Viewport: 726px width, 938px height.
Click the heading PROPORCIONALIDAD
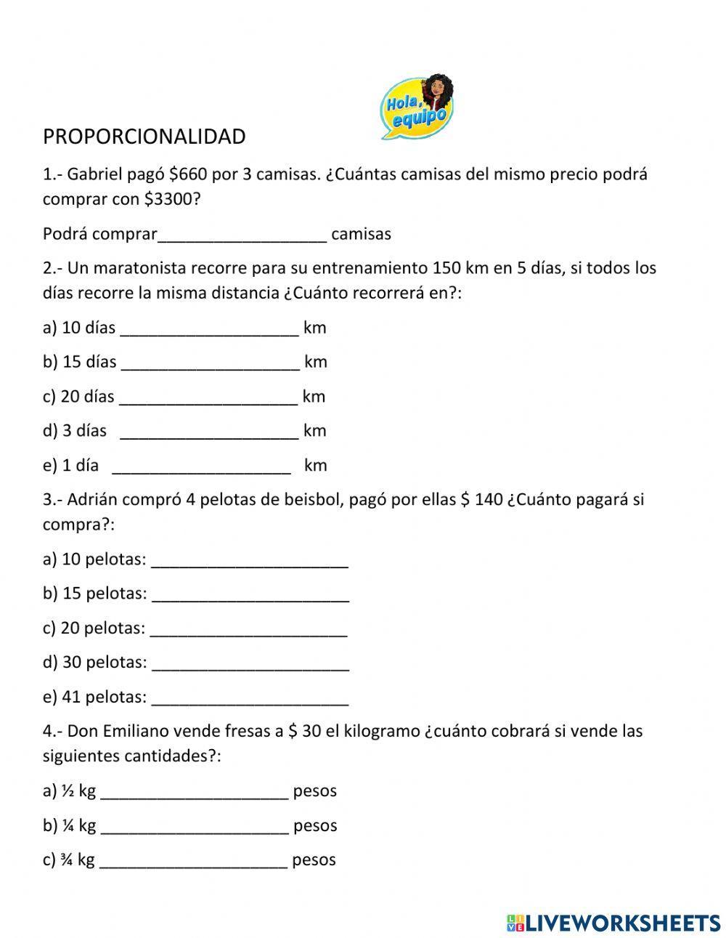pyautogui.click(x=144, y=137)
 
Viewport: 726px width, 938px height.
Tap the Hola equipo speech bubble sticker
pyautogui.click(x=417, y=107)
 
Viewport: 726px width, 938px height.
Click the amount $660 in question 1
pyautogui.click(x=188, y=174)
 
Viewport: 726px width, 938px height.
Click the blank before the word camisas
pyautogui.click(x=242, y=235)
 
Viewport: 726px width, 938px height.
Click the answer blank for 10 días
pyautogui.click(x=209, y=328)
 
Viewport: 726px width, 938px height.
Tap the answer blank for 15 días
pyautogui.click(x=210, y=363)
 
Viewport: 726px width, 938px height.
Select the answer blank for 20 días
pyautogui.click(x=208, y=397)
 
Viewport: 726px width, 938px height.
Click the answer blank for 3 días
pyautogui.click(x=208, y=432)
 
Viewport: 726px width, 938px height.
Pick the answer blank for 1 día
pyautogui.click(x=201, y=466)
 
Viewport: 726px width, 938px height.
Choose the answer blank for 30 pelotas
pyautogui.click(x=250, y=663)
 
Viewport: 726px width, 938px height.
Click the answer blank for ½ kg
pyautogui.click(x=194, y=792)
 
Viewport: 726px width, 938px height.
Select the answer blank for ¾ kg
pyautogui.click(x=193, y=861)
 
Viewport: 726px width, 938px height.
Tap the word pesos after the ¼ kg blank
pyautogui.click(x=315, y=826)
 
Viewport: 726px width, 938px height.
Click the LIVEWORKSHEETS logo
pyautogui.click(x=613, y=923)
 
